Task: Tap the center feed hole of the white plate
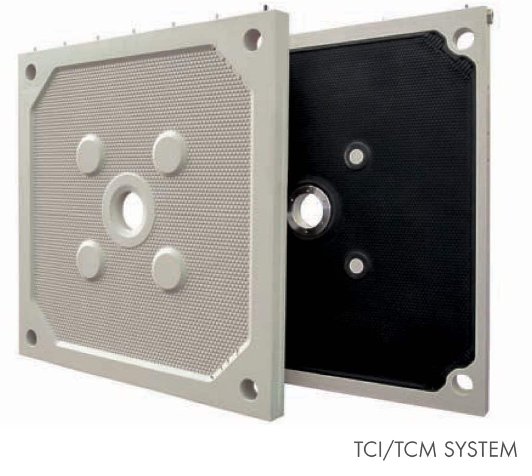pyautogui.click(x=133, y=209)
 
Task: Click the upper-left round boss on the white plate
pyautogui.click(x=90, y=154)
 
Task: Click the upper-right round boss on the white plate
pyautogui.click(x=169, y=152)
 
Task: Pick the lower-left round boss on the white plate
pyautogui.click(x=89, y=259)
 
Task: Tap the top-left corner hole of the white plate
pyautogui.click(x=31, y=72)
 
